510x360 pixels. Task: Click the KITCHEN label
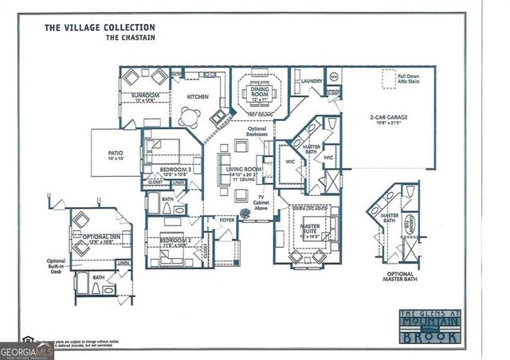point(197,96)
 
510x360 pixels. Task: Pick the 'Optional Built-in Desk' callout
point(56,267)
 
